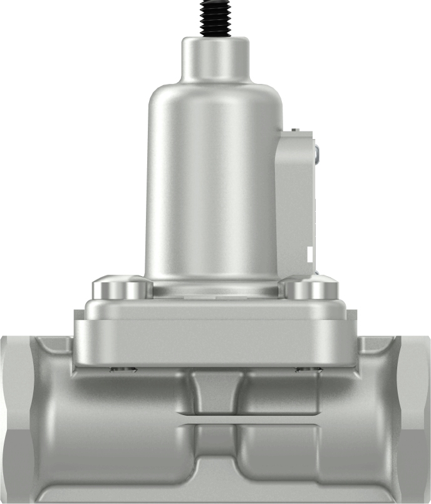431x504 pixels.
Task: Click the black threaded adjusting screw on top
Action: tap(215, 18)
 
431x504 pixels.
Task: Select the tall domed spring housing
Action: tap(214, 182)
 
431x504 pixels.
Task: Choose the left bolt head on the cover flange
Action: tap(122, 289)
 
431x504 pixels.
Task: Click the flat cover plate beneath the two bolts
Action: tap(215, 332)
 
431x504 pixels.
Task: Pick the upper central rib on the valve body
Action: tap(215, 391)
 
